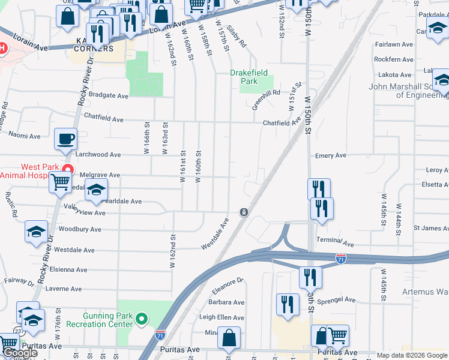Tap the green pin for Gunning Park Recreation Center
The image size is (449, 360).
(142, 319)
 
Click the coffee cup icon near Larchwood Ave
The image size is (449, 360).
(66, 139)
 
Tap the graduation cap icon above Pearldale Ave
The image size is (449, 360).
(96, 190)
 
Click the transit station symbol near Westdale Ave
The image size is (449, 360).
(244, 212)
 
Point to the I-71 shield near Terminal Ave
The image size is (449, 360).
(340, 259)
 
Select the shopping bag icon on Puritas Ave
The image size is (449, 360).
(229, 338)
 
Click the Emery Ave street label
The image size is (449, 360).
(331, 155)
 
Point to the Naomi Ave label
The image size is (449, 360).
(24, 136)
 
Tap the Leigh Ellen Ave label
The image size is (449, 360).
(221, 317)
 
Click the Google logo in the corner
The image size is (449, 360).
(19, 353)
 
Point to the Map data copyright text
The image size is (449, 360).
(412, 355)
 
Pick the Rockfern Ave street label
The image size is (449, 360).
(394, 59)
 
